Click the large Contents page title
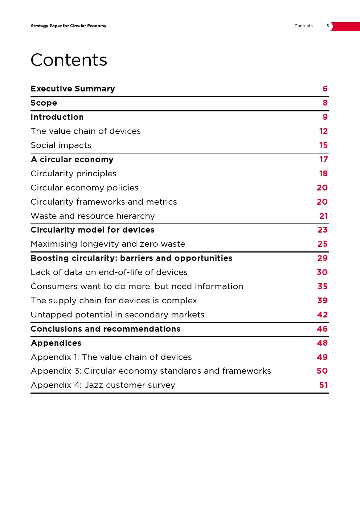click(69, 60)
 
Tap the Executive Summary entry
click(73, 89)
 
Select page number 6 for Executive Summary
click(325, 89)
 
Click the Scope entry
click(44, 103)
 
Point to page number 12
click(323, 131)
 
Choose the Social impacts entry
click(61, 145)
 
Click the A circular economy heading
click(72, 160)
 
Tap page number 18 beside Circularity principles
click(323, 174)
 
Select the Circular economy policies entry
click(85, 188)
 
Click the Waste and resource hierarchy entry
click(93, 216)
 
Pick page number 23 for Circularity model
click(322, 230)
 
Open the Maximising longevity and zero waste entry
click(108, 244)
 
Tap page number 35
click(322, 287)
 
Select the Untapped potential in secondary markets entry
click(117, 315)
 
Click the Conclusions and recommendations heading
click(105, 329)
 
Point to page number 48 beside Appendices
click(322, 343)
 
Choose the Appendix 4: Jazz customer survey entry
click(103, 385)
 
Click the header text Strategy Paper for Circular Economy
click(69, 26)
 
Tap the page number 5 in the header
click(328, 26)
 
